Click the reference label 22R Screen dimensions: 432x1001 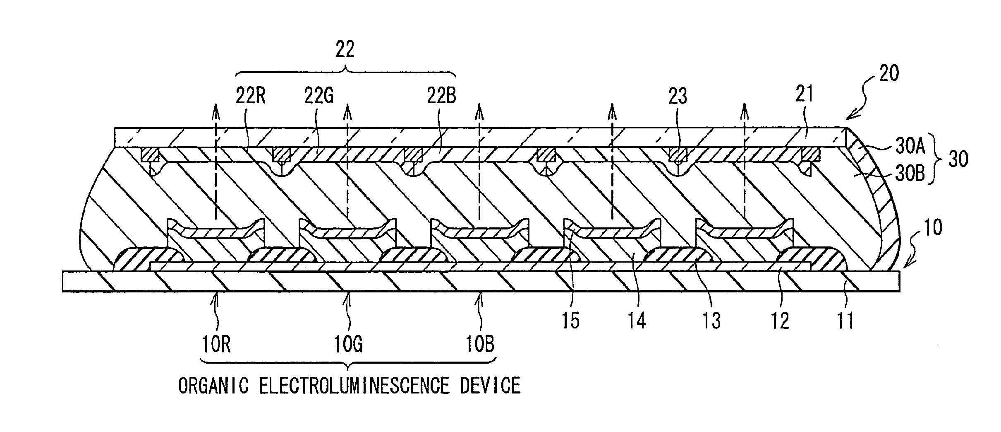pyautogui.click(x=250, y=97)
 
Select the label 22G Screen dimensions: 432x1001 pyautogui.click(x=319, y=97)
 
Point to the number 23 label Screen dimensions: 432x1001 pyautogui.click(x=678, y=97)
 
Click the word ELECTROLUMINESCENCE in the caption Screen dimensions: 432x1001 pyautogui.click(x=354, y=386)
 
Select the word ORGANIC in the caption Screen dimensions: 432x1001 pyautogui.click(x=213, y=386)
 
